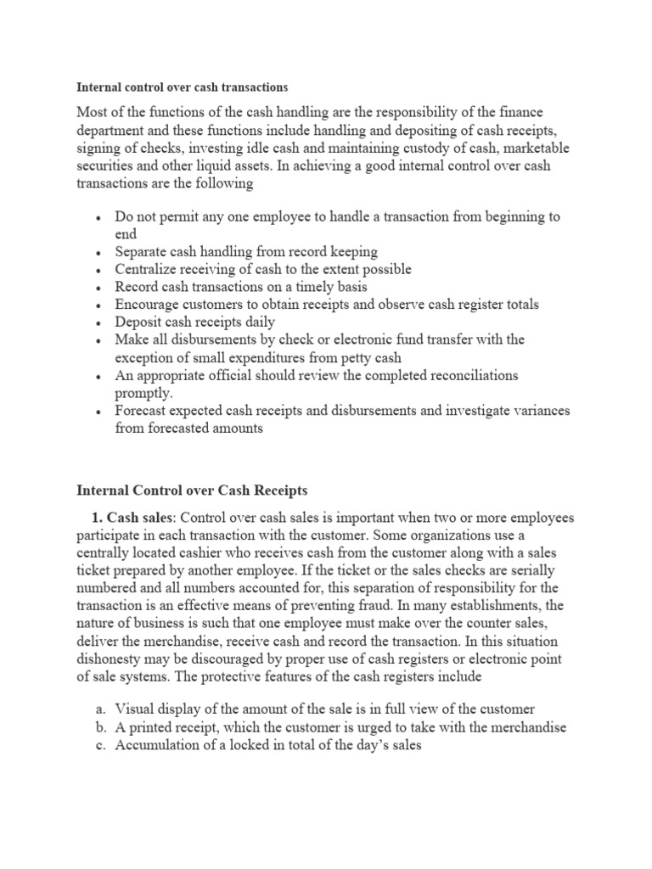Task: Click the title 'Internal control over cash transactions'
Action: pyautogui.click(x=183, y=87)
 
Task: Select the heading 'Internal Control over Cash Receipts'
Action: pyautogui.click(x=191, y=490)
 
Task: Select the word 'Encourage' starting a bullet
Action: pyautogui.click(x=147, y=304)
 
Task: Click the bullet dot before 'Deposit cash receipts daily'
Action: pyautogui.click(x=99, y=322)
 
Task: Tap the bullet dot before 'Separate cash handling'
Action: pyautogui.click(x=99, y=252)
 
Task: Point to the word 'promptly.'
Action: pyautogui.click(x=143, y=393)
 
